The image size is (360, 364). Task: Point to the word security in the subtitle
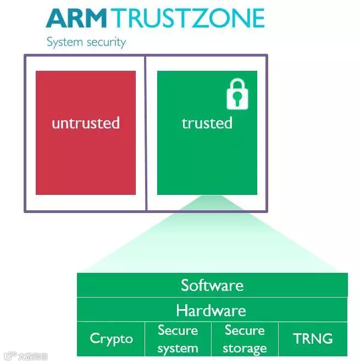pyautogui.click(x=106, y=42)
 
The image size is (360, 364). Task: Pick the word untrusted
pyautogui.click(x=85, y=123)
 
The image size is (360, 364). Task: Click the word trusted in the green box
pyautogui.click(x=207, y=123)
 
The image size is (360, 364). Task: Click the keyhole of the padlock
pyautogui.click(x=237, y=99)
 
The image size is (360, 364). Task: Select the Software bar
pyautogui.click(x=212, y=285)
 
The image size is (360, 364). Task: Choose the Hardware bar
pyautogui.click(x=212, y=311)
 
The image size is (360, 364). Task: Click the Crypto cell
pyautogui.click(x=111, y=338)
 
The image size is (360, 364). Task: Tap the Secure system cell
pyautogui.click(x=178, y=339)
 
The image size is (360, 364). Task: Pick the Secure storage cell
pyautogui.click(x=245, y=339)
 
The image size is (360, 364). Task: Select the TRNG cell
pyautogui.click(x=313, y=338)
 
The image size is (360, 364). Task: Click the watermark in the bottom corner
pyautogui.click(x=25, y=356)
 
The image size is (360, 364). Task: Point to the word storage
pyautogui.click(x=245, y=348)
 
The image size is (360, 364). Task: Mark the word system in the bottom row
pyautogui.click(x=178, y=348)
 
